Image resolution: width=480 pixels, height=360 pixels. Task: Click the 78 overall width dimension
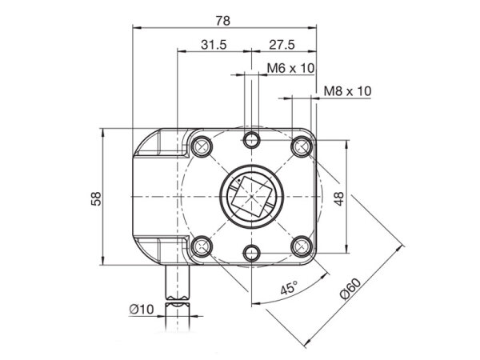(x=223, y=21)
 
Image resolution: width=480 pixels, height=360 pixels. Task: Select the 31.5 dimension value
(x=214, y=45)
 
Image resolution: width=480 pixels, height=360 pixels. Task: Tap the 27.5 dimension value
(x=282, y=45)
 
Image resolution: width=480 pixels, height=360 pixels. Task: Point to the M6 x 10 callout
(x=290, y=68)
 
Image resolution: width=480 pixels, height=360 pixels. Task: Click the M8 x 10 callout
(x=347, y=91)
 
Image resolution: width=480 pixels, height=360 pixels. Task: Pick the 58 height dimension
(x=97, y=198)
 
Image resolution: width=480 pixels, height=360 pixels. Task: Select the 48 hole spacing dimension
(x=339, y=198)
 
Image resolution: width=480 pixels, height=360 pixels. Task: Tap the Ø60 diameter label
(x=351, y=288)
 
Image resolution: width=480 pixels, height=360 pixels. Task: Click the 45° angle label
(x=289, y=288)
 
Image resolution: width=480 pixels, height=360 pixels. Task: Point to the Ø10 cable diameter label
(x=142, y=309)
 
